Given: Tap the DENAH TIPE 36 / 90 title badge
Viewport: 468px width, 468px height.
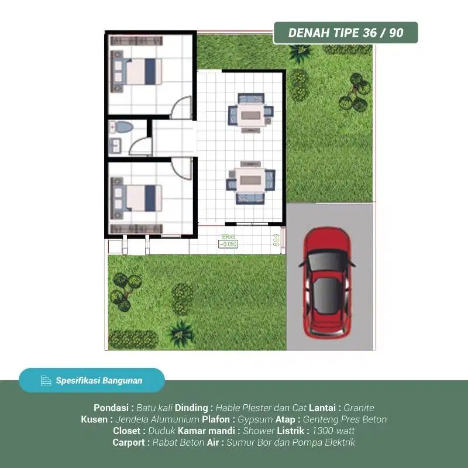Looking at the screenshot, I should pyautogui.click(x=346, y=33).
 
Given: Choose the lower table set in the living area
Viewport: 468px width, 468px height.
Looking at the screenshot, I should pyautogui.click(x=250, y=181).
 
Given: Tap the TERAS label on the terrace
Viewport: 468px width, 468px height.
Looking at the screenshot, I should pyautogui.click(x=227, y=238).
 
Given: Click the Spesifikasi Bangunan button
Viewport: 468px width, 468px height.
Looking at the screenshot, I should pyautogui.click(x=92, y=380).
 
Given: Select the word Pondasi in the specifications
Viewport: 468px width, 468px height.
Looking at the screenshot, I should pyautogui.click(x=113, y=408).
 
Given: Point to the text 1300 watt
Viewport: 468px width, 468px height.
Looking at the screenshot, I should pyautogui.click(x=333, y=431).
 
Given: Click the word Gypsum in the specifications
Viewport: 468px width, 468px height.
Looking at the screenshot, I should pyautogui.click(x=256, y=419).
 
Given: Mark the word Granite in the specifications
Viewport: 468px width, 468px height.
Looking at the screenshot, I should pyautogui.click(x=359, y=408).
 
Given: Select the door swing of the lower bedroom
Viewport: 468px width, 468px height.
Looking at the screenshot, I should pyautogui.click(x=183, y=168).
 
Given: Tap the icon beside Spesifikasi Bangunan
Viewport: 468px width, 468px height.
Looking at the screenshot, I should pyautogui.click(x=46, y=381).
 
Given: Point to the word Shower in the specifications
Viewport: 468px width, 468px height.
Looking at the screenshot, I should pyautogui.click(x=259, y=431).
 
